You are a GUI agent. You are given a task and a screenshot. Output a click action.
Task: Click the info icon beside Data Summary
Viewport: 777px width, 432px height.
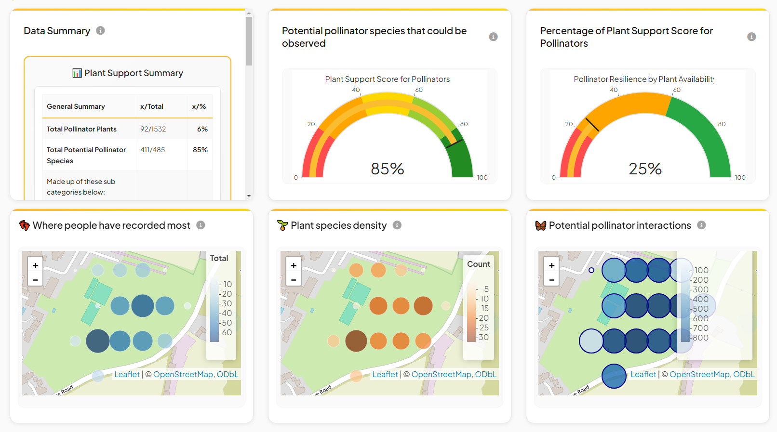(x=100, y=31)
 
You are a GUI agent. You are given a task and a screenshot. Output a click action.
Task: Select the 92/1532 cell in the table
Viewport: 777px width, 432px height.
(x=153, y=129)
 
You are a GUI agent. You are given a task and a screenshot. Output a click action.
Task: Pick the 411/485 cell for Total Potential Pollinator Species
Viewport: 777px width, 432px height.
(x=152, y=150)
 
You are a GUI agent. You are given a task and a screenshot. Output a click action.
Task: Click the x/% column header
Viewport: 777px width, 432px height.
(x=199, y=106)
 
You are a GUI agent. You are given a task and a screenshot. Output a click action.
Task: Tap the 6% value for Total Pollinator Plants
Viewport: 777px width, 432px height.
(x=202, y=129)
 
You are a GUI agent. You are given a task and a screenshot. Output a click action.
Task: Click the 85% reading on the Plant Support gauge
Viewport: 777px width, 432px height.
(x=387, y=169)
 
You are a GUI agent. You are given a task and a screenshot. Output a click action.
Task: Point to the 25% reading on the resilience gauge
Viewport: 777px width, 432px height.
(x=645, y=169)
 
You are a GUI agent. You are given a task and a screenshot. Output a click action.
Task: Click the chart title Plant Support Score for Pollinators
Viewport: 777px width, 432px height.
(x=387, y=79)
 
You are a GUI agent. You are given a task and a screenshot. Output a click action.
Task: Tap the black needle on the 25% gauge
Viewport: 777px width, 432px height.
(x=592, y=124)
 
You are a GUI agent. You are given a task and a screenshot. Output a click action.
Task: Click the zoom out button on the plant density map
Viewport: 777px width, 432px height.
(x=294, y=279)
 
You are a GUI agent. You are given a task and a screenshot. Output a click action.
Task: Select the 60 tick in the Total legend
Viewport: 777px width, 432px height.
(x=227, y=332)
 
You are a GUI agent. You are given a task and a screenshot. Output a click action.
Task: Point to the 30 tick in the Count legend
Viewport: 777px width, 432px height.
(x=483, y=337)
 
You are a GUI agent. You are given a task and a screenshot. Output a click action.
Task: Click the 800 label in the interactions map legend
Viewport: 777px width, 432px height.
(x=700, y=338)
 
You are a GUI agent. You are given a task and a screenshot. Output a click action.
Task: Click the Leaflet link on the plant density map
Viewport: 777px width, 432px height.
(x=385, y=374)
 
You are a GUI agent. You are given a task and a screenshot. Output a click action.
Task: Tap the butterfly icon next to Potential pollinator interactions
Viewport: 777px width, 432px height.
(x=541, y=225)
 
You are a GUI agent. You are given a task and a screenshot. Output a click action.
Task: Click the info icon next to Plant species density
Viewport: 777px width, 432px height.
(x=397, y=225)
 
